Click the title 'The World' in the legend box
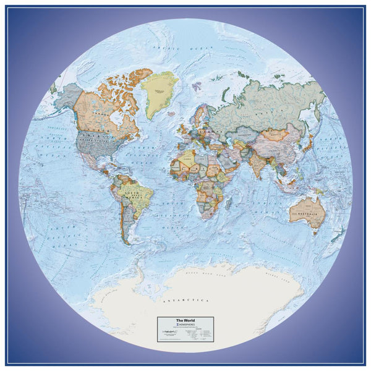[x=184, y=320]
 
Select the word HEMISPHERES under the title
[x=186, y=324]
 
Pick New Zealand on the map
[x=338, y=233]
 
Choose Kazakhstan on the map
[x=242, y=127]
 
